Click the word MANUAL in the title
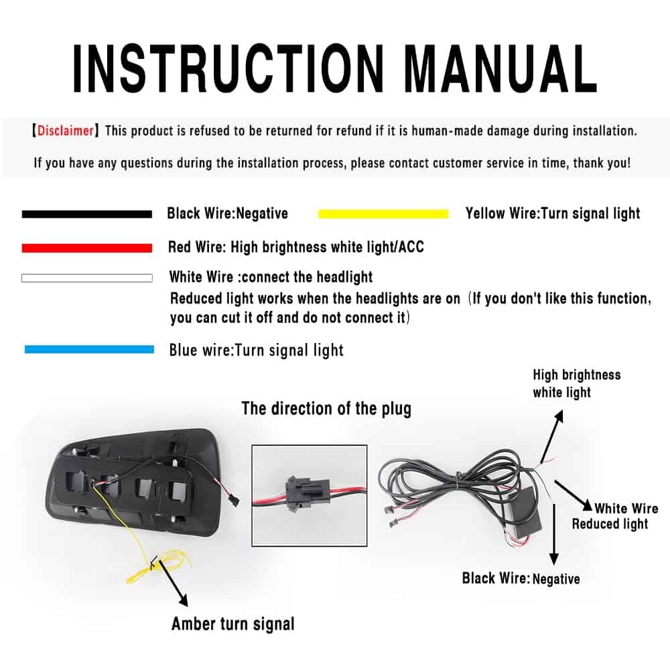click(500, 69)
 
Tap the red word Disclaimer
click(66, 131)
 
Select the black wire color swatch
click(86, 214)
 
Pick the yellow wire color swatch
click(383, 214)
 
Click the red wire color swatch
click(86, 248)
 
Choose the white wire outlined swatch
click(86, 278)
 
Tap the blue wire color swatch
click(89, 349)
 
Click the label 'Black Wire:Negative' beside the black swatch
click(227, 213)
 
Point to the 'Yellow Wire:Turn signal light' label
click(553, 213)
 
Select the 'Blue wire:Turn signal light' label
click(257, 350)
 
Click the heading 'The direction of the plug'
click(326, 409)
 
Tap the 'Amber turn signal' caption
click(233, 624)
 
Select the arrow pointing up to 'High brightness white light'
click(551, 438)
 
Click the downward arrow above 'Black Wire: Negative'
click(554, 534)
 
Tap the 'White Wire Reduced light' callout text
click(615, 516)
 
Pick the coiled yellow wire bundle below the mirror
click(158, 566)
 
